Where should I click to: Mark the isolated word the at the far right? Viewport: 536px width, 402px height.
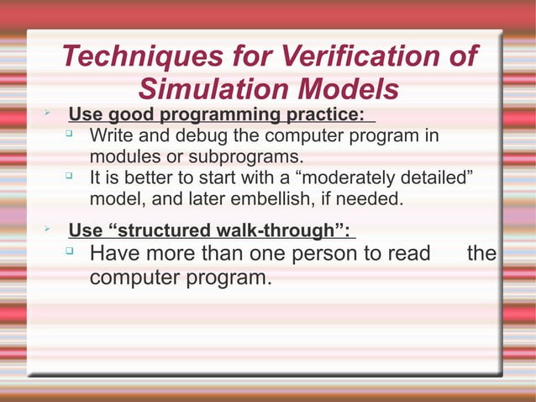481,254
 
